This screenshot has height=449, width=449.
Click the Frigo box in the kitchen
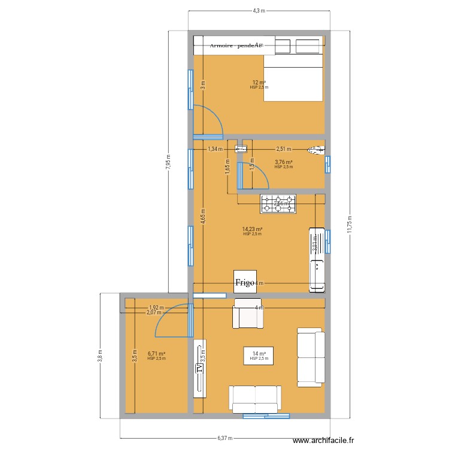pos(245,281)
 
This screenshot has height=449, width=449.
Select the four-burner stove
pos(278,204)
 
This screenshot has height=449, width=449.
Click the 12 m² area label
pos(259,83)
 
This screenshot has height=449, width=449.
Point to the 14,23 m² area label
pos(253,229)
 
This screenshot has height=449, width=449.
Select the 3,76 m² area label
pos(283,162)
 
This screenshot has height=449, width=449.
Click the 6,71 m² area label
pos(156,354)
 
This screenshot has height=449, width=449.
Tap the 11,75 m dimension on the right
pos(349,224)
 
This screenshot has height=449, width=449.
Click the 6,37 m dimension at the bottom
pos(224,438)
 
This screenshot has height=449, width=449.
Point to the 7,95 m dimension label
pos(168,162)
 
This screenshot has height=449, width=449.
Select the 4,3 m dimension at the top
pos(259,11)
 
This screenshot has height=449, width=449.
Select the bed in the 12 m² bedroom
pos(293,77)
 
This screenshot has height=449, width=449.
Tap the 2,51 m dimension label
pos(283,149)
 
